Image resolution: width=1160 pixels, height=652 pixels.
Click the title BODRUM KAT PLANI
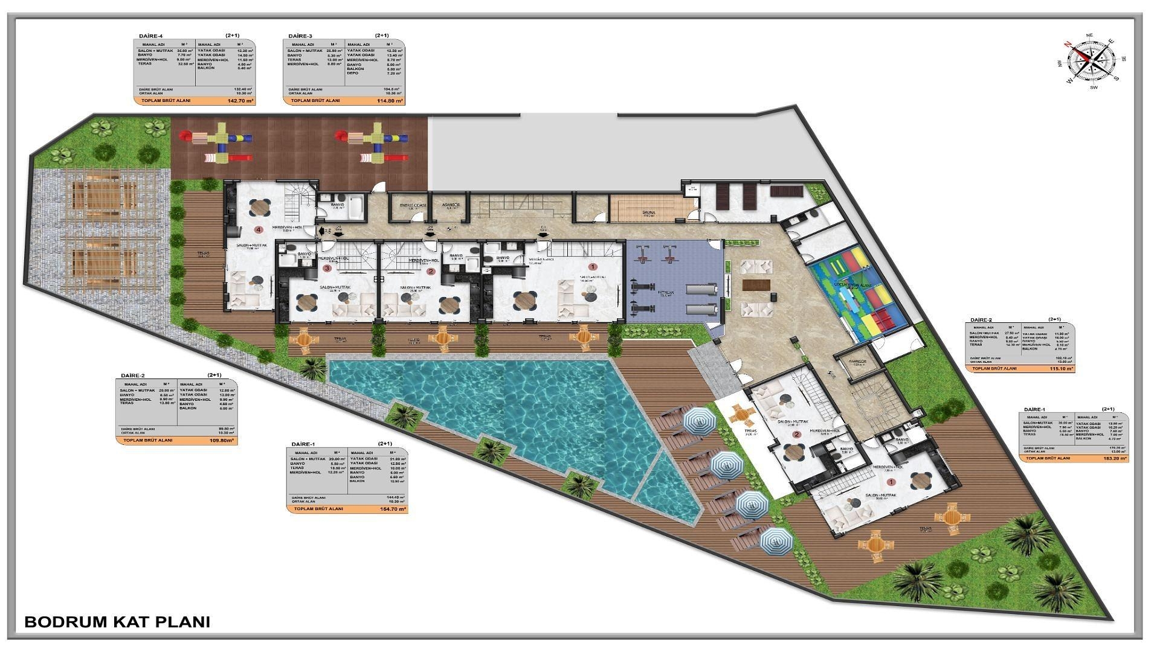pyautogui.click(x=117, y=622)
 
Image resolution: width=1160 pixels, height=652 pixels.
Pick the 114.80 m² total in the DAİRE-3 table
pyautogui.click(x=389, y=101)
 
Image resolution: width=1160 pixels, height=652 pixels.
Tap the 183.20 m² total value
pyautogui.click(x=1113, y=458)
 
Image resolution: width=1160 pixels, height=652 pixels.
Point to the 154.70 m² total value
pyautogui.click(x=393, y=509)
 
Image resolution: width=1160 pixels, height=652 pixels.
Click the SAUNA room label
pyautogui.click(x=649, y=213)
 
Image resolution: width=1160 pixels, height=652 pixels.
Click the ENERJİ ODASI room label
pyautogui.click(x=413, y=205)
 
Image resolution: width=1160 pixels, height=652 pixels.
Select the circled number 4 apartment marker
pyautogui.click(x=259, y=229)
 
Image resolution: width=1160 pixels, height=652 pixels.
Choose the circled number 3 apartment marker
pyautogui.click(x=327, y=268)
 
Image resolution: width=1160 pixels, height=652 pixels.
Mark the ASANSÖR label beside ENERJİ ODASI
pyautogui.click(x=451, y=205)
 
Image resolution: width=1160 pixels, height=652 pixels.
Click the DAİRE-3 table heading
pyautogui.click(x=300, y=36)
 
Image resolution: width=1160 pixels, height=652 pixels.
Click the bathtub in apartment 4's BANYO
pyautogui.click(x=355, y=206)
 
